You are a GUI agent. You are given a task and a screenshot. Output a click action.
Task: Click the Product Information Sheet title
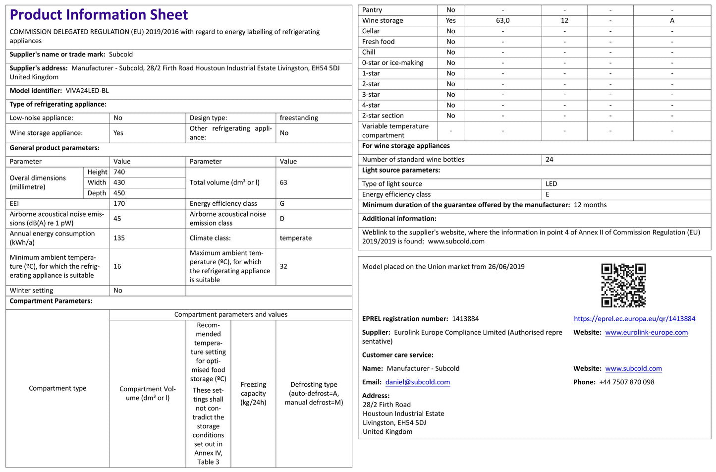99,15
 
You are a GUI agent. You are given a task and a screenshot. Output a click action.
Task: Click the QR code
623,285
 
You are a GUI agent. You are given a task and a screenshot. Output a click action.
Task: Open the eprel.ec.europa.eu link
634,319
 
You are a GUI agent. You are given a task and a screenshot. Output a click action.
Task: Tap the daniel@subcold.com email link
418,382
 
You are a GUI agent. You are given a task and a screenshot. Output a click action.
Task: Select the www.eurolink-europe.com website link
646,332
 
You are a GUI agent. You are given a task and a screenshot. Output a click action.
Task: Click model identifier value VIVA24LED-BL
87,91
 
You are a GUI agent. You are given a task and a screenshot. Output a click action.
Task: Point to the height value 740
119,172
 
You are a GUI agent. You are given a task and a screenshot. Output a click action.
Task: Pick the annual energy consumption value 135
119,238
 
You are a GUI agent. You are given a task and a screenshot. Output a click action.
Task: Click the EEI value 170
119,204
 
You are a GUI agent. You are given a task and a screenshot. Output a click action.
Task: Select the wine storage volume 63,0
502,20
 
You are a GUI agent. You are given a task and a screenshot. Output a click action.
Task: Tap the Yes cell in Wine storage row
450,20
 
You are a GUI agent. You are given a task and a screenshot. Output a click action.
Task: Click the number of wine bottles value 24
549,160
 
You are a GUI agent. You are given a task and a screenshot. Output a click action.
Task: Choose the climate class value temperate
296,238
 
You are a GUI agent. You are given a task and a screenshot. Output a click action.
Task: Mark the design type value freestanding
299,118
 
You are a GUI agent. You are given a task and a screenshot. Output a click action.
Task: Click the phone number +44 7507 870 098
626,382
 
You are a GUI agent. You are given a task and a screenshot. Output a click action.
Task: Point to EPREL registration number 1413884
465,319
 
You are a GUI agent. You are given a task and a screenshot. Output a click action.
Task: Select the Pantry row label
372,10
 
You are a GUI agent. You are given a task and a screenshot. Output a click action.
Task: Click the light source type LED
551,184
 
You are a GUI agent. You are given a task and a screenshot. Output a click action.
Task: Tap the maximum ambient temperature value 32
283,266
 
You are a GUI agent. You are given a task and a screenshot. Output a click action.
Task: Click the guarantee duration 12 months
590,205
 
